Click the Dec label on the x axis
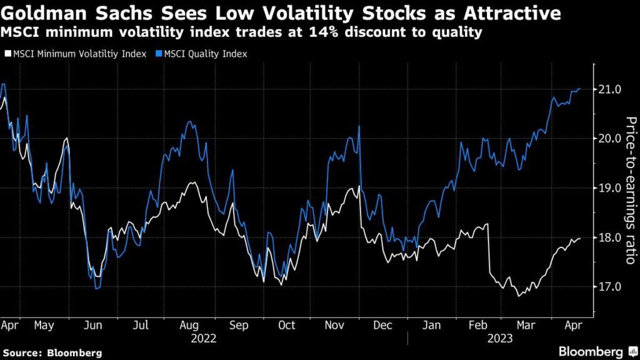point(382,326)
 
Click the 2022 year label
point(204,339)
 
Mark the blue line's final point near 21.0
point(580,89)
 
